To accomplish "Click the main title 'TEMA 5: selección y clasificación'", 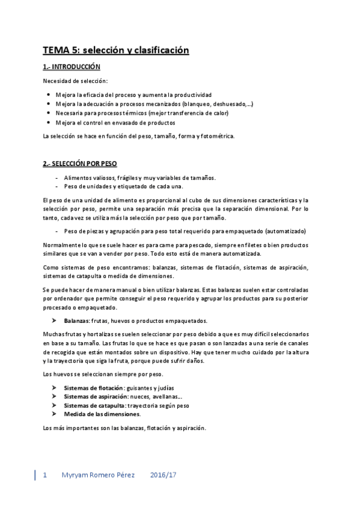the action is pos(116,51).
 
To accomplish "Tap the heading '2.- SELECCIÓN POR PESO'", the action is pos(80,164).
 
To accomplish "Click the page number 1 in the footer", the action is pos(44,475).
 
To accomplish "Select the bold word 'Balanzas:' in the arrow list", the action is pos(78,320).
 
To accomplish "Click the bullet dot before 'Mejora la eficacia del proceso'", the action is pos(49,95).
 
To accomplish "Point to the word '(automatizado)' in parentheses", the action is pos(286,231).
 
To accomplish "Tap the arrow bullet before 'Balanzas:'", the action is pos(54,320).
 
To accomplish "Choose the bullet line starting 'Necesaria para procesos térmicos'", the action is pos(143,113).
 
